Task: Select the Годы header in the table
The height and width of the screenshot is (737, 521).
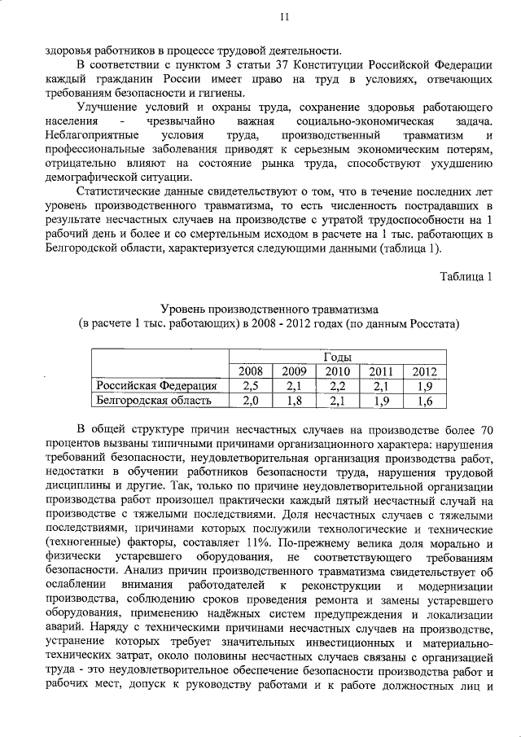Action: click(337, 357)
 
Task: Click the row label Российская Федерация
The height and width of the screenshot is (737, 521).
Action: click(156, 385)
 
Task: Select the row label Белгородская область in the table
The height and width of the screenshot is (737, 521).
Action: click(154, 400)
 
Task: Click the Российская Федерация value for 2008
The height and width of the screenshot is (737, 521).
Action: click(250, 385)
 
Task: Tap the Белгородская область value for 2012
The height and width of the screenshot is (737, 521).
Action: click(424, 400)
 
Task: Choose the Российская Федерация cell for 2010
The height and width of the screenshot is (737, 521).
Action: click(337, 385)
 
